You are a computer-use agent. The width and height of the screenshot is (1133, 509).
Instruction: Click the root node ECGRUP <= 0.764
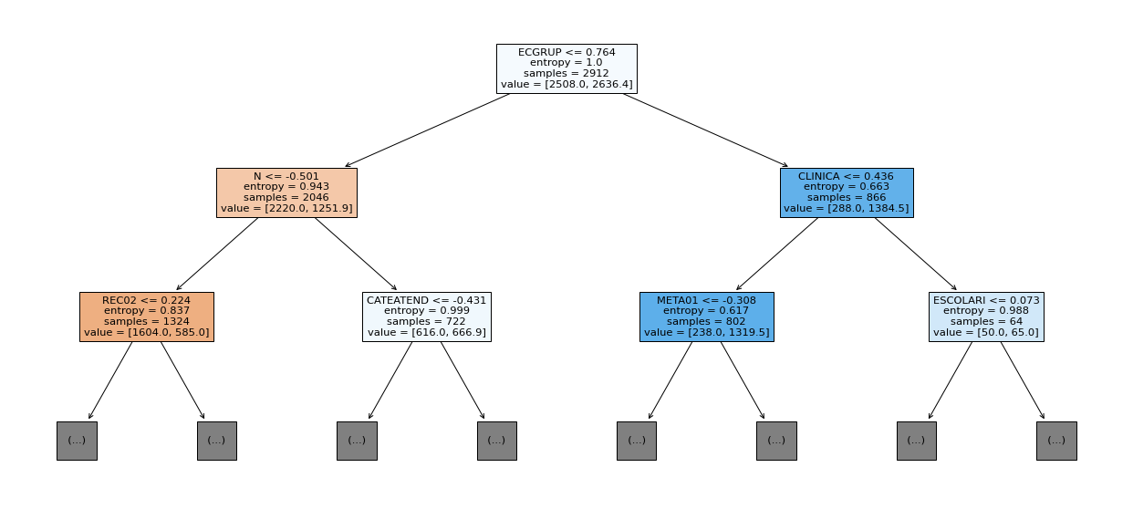(x=566, y=68)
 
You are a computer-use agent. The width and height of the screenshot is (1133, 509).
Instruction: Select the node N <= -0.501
(x=286, y=192)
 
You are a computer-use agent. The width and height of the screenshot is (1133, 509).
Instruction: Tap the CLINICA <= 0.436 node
(x=847, y=192)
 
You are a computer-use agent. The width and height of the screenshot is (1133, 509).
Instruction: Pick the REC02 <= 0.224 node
(x=147, y=317)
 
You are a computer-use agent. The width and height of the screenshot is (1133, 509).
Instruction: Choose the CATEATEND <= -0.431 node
(x=426, y=317)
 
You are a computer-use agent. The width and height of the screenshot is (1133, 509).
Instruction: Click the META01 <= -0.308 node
(x=707, y=317)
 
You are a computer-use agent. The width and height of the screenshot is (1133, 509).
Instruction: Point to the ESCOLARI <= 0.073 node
(x=986, y=317)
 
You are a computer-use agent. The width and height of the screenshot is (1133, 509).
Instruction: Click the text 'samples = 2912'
(x=566, y=73)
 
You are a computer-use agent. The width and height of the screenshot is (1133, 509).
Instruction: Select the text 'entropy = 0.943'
(x=286, y=187)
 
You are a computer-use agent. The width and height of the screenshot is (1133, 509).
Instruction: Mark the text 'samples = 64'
(x=986, y=321)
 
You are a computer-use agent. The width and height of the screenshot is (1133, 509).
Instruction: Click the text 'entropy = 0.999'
(x=426, y=311)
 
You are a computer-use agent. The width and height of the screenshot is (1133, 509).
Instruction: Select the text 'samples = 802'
(x=707, y=321)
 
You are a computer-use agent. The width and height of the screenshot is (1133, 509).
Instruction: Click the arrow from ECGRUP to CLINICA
(x=705, y=130)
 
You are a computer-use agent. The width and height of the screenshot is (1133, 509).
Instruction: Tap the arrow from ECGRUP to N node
(x=428, y=130)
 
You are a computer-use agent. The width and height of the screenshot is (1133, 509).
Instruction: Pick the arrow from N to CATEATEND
(x=356, y=254)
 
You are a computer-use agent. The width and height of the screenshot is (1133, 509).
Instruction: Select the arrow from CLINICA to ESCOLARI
(x=916, y=254)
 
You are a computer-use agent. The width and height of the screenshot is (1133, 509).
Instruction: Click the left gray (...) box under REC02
(x=77, y=441)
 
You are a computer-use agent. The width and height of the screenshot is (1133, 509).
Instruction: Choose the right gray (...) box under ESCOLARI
(x=1056, y=441)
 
